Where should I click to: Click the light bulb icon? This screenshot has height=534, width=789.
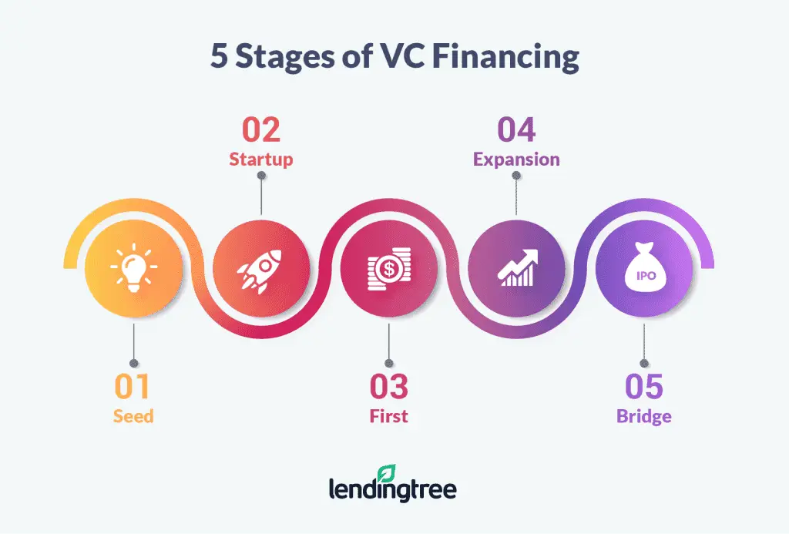pyautogui.click(x=134, y=267)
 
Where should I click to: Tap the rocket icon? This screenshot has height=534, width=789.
pyautogui.click(x=260, y=270)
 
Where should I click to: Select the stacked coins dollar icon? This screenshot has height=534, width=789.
pyautogui.click(x=389, y=269)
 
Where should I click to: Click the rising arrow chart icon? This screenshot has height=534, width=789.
pyautogui.click(x=518, y=267)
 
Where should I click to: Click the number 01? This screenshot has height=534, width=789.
pyautogui.click(x=133, y=387)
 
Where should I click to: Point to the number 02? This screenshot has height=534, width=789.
pyautogui.click(x=260, y=130)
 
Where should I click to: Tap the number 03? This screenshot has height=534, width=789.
pyautogui.click(x=389, y=387)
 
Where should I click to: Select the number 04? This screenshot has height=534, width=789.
pyautogui.click(x=516, y=130)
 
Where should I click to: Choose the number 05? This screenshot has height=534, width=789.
pyautogui.click(x=644, y=387)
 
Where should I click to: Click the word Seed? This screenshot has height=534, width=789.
pyautogui.click(x=133, y=416)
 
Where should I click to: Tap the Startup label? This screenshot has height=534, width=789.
pyautogui.click(x=261, y=160)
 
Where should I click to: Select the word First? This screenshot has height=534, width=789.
pyautogui.click(x=389, y=416)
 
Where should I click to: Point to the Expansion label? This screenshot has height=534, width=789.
pyautogui.click(x=516, y=160)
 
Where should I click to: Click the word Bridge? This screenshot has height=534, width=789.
pyautogui.click(x=644, y=417)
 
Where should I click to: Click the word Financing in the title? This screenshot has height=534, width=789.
pyautogui.click(x=505, y=56)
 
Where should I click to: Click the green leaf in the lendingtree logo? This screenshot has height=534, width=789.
pyautogui.click(x=387, y=473)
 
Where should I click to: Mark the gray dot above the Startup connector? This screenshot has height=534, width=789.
pyautogui.click(x=261, y=175)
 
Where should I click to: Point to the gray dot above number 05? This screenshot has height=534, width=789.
pyautogui.click(x=644, y=364)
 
